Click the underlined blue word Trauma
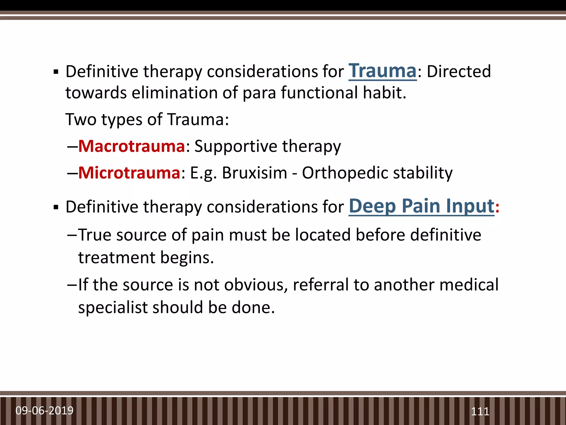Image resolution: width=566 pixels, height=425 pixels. tap(382, 71)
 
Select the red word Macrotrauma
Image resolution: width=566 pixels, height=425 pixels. tap(132, 146)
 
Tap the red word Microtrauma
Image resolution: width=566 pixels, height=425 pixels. tap(129, 173)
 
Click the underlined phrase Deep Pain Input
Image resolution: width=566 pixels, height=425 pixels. tap(421, 206)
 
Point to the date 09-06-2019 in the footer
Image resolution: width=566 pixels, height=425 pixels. tap(44, 410)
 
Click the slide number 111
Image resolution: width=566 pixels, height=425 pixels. tap(480, 411)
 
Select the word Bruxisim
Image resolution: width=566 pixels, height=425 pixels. tap(255, 173)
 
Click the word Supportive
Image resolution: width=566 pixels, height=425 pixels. tap(236, 146)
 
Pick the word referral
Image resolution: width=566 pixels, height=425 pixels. tap(321, 285)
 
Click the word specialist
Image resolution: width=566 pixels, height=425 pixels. tap(113, 308)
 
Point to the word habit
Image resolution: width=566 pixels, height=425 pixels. tap(384, 93)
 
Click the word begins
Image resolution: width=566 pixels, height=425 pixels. tap(187, 258)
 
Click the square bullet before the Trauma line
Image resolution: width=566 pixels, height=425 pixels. tap(56, 72)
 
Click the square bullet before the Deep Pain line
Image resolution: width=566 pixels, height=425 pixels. tap(56, 208)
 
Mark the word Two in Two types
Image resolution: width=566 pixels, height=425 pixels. tap(81, 120)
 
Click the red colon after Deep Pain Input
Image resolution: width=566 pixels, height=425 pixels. tap(497, 208)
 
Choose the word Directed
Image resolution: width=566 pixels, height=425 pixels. tap(459, 71)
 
